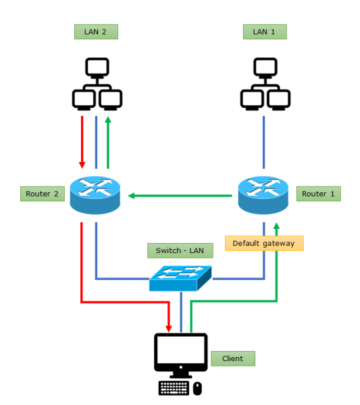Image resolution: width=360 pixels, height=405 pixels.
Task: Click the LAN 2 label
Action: point(95,32)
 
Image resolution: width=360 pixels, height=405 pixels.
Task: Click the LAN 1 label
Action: point(265,32)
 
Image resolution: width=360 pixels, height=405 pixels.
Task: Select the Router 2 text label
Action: point(42,194)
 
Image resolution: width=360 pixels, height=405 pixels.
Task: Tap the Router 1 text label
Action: point(318,194)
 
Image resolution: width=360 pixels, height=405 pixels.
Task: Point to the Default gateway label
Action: point(263,243)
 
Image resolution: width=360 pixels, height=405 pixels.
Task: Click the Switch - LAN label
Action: point(180,250)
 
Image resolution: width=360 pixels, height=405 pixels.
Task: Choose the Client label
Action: point(233,358)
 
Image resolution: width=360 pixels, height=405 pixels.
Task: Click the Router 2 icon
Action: point(95,194)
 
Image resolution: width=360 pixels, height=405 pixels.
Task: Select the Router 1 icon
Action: point(263,194)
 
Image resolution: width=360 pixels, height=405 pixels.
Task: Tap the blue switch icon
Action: point(180,277)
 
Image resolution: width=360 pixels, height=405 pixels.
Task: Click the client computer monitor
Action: point(180,353)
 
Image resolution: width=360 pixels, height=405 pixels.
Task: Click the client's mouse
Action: point(197,388)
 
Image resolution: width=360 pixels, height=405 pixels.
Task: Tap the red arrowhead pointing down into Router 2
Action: point(82,164)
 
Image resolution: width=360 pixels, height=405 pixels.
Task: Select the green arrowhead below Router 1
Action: point(276,225)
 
